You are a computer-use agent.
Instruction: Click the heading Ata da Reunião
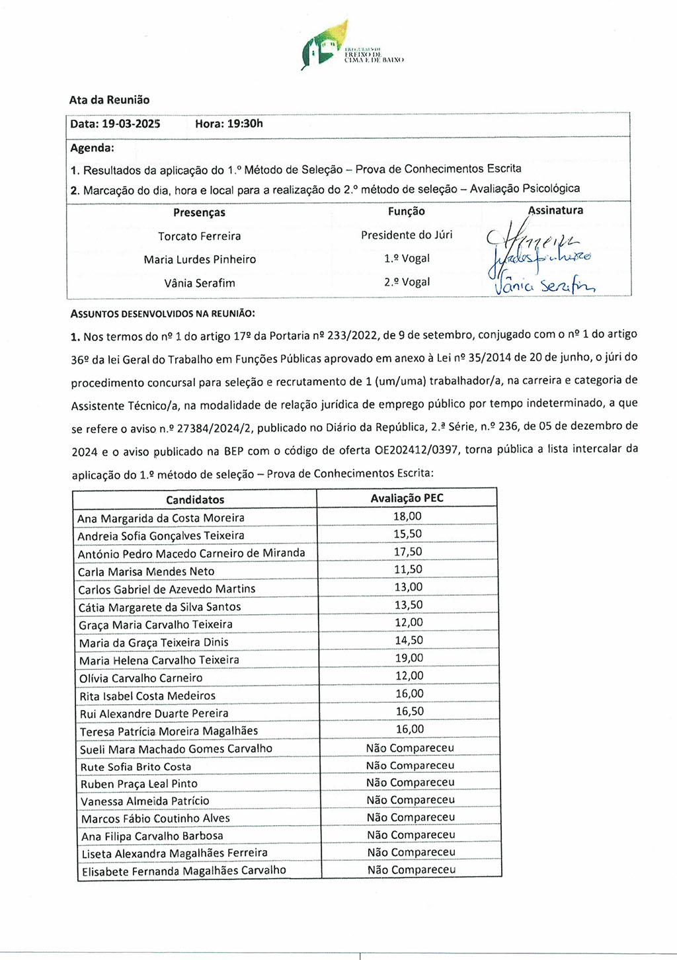[x=109, y=100]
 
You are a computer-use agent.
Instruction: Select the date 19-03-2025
[x=131, y=124]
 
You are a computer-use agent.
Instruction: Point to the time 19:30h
[x=245, y=124]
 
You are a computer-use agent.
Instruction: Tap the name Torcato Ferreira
[x=199, y=236]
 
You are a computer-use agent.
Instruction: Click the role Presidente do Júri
[x=407, y=235]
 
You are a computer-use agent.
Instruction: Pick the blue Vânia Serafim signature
[x=545, y=285]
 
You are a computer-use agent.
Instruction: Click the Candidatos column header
[x=195, y=500]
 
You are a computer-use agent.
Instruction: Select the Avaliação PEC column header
[x=407, y=498]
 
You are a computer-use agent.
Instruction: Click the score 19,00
[x=409, y=658]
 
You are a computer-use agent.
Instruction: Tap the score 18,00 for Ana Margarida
[x=407, y=516]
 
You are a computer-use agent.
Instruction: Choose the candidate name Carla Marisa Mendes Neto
[x=146, y=571]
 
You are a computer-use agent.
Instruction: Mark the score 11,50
[x=408, y=569]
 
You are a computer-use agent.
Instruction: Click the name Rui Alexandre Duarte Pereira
[x=154, y=713]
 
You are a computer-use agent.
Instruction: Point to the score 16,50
[x=409, y=711]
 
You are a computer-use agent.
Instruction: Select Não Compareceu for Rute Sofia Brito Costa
[x=410, y=765]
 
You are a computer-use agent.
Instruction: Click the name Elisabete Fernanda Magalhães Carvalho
[x=184, y=871]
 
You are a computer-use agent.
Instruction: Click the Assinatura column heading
[x=555, y=210]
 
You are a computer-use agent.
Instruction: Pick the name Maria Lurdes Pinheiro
[x=200, y=259]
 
